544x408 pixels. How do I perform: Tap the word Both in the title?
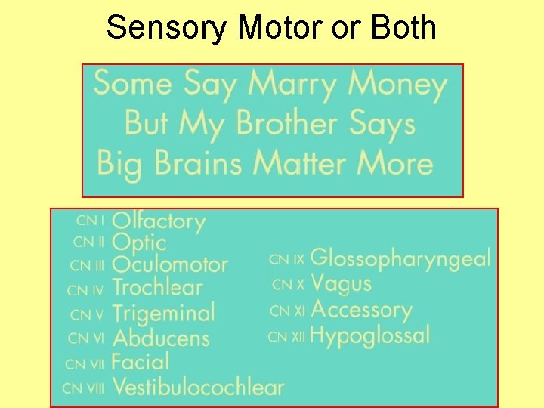tap(403, 28)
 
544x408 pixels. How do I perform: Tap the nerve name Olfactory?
tap(159, 221)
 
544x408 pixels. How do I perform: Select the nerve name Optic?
tap(139, 243)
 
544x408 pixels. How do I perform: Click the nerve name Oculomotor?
tap(170, 264)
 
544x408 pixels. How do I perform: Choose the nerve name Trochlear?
tap(157, 287)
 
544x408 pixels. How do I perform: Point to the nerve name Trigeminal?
tap(163, 313)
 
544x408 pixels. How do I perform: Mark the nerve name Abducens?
tap(160, 337)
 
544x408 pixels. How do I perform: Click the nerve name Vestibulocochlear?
tap(198, 388)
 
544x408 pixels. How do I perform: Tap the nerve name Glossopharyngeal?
tap(400, 258)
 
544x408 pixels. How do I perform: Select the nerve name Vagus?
tap(342, 283)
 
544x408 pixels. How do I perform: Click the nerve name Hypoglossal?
tap(370, 335)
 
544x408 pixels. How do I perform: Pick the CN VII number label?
tap(85, 363)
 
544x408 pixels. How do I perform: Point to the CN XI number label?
tap(287, 310)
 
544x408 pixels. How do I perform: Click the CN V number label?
tap(87, 314)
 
